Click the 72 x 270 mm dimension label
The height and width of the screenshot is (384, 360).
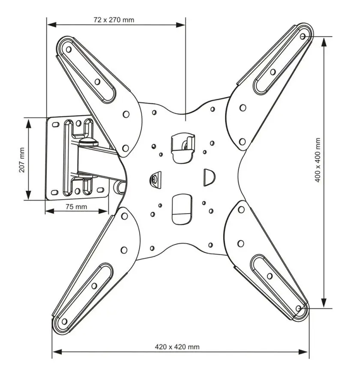tap(114, 20)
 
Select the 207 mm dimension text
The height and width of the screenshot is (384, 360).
tap(22, 160)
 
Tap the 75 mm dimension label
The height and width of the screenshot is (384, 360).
tap(76, 206)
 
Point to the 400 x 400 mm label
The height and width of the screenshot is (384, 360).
tap(318, 160)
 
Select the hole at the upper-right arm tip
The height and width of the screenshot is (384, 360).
tap(303, 36)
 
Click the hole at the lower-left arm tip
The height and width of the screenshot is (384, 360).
tap(64, 321)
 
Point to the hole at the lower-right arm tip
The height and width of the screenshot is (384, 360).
tap(299, 308)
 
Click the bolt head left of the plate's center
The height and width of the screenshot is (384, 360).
tap(155, 179)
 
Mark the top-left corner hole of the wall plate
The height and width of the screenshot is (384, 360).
tap(54, 125)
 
